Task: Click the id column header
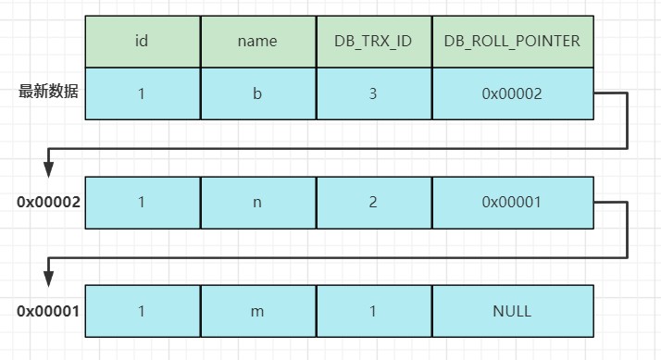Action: pyautogui.click(x=143, y=41)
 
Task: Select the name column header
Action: pyautogui.click(x=258, y=41)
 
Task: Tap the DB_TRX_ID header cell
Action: pyautogui.click(x=373, y=41)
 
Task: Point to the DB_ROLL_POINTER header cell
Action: pyautogui.click(x=512, y=41)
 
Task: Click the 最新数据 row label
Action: pyautogui.click(x=49, y=93)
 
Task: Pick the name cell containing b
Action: pyautogui.click(x=258, y=93)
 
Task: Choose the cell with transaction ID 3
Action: pyautogui.click(x=373, y=93)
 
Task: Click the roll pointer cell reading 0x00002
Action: pyautogui.click(x=512, y=93)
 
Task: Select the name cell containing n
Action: pyautogui.click(x=258, y=202)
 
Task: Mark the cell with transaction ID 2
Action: pyautogui.click(x=373, y=202)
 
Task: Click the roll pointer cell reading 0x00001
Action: pyautogui.click(x=512, y=202)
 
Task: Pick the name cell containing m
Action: pyautogui.click(x=258, y=311)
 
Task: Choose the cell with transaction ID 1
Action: pyautogui.click(x=373, y=311)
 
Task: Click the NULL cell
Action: pyautogui.click(x=512, y=311)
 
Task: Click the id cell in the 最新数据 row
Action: pyautogui.click(x=143, y=93)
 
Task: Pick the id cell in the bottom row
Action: pyautogui.click(x=143, y=311)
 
